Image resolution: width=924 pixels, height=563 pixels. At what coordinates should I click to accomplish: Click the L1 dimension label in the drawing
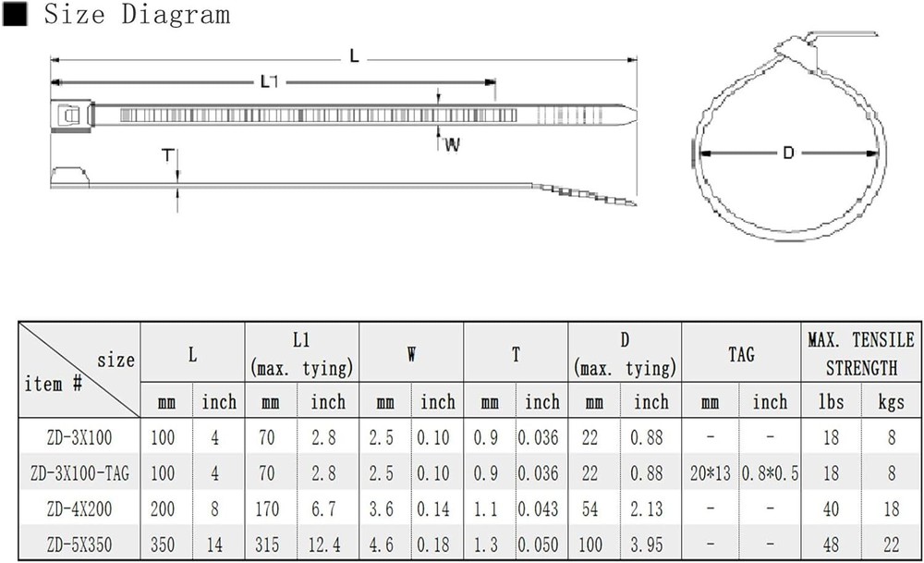(269, 81)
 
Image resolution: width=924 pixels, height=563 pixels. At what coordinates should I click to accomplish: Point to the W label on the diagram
(452, 144)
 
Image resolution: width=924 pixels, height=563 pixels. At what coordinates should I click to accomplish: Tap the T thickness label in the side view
(168, 155)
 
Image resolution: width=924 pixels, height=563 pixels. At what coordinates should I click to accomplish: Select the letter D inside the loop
(788, 153)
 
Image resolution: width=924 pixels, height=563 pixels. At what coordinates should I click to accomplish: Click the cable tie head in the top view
(72, 115)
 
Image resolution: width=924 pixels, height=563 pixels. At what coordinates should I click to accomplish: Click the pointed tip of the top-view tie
(637, 115)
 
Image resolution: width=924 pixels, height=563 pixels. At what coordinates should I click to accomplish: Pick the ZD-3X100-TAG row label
(79, 472)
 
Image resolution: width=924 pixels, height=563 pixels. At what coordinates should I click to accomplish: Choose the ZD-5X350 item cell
(79, 545)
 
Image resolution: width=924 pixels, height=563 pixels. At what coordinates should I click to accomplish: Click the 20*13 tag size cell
(710, 472)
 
